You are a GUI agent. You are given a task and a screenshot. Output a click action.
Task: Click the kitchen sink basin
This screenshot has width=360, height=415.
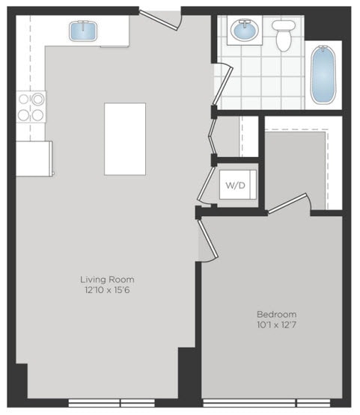pyautogui.click(x=82, y=31)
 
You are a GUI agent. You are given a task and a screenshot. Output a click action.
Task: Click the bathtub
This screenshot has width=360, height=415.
pyautogui.click(x=324, y=76)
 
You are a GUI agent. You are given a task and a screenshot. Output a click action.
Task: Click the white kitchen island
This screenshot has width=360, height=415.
pyautogui.click(x=125, y=138)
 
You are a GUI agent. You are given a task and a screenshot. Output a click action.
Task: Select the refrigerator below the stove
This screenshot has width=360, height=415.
pyautogui.click(x=34, y=159)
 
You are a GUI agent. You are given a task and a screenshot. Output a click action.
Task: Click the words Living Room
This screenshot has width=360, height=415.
pyautogui.click(x=109, y=280)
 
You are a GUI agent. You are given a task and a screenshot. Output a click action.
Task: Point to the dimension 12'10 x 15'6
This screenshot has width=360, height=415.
pyautogui.click(x=109, y=290)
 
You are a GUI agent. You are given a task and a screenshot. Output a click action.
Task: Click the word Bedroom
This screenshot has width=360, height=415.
pyautogui.click(x=276, y=314)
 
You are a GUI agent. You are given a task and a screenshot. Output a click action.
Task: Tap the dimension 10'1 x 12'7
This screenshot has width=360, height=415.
pyautogui.click(x=276, y=325)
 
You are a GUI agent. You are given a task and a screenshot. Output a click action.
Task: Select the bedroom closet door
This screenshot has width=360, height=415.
pyautogui.click(x=289, y=203)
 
